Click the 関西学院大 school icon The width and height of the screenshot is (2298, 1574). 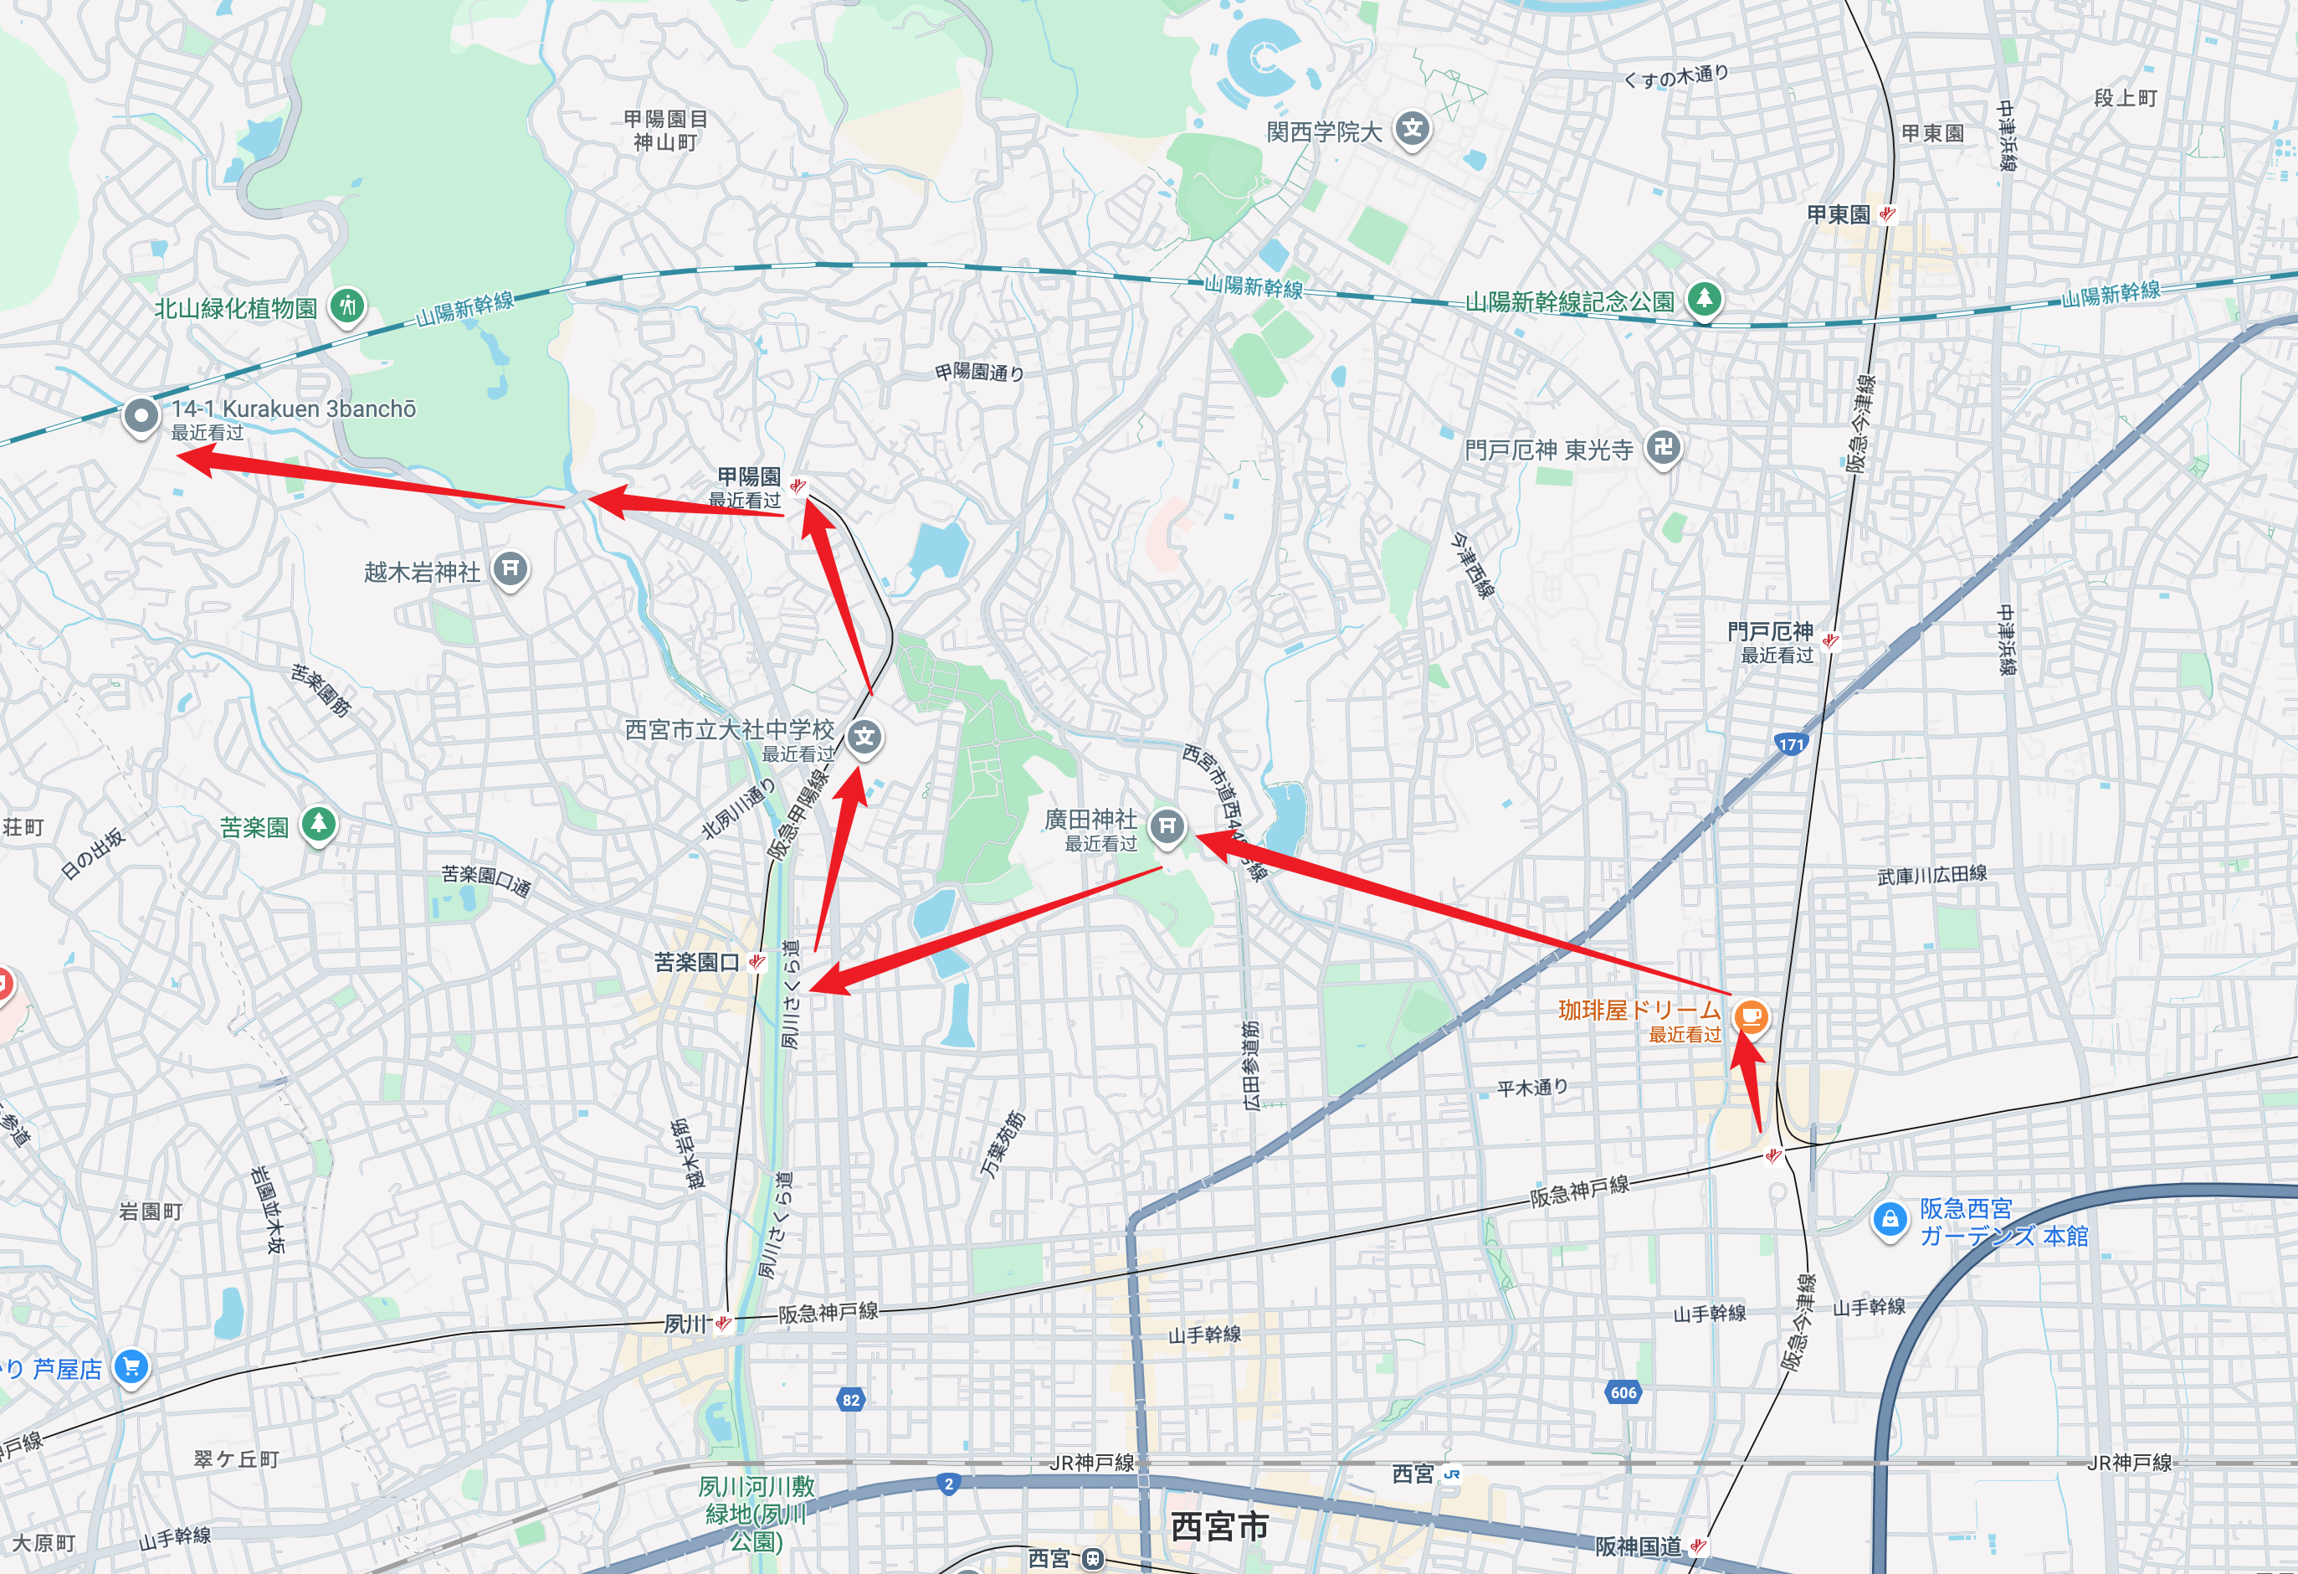(x=1413, y=129)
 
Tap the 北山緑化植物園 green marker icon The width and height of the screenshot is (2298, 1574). (x=347, y=306)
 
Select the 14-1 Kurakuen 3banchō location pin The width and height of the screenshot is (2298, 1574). (x=141, y=415)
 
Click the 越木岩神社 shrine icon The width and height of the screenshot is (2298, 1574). (x=510, y=568)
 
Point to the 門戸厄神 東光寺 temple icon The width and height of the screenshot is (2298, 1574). (x=1663, y=447)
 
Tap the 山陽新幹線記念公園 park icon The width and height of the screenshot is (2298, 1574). (x=1704, y=298)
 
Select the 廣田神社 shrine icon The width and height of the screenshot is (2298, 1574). (x=1167, y=825)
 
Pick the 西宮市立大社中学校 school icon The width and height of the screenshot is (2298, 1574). (x=864, y=737)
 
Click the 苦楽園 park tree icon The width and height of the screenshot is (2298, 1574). (x=318, y=823)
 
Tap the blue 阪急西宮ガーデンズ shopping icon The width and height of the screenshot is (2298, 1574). (x=1890, y=1219)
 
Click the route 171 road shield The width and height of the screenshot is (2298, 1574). (x=1791, y=744)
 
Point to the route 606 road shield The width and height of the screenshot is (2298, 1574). (x=1623, y=1392)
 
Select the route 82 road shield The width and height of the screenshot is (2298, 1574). (x=850, y=1399)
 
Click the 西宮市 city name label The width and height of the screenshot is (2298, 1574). (x=1218, y=1526)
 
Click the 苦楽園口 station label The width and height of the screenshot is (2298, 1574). (x=696, y=962)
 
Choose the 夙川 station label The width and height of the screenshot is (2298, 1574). (x=685, y=1324)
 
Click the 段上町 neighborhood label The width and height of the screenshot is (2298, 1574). (x=2125, y=98)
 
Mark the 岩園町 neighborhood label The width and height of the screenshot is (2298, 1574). (x=151, y=1211)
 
